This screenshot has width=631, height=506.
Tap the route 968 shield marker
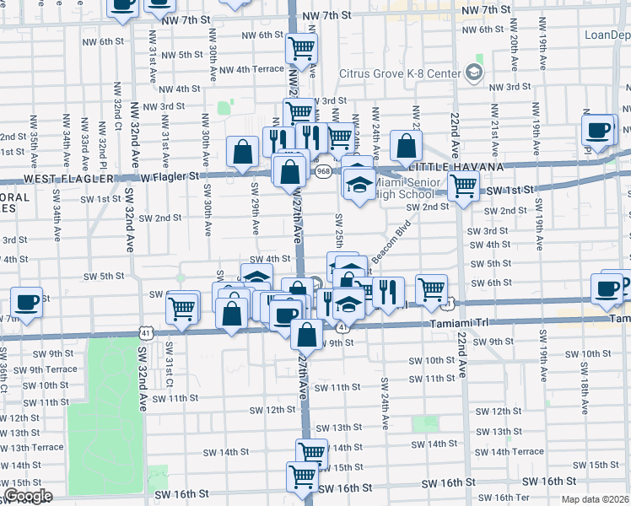pyautogui.click(x=323, y=171)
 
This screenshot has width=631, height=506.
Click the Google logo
pyautogui.click(x=27, y=496)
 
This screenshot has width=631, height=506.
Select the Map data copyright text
pyautogui.click(x=595, y=499)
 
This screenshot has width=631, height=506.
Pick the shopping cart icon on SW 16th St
pyautogui.click(x=303, y=476)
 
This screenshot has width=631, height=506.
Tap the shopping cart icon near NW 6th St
pyautogui.click(x=301, y=48)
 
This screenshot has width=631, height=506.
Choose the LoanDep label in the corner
pyautogui.click(x=607, y=35)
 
